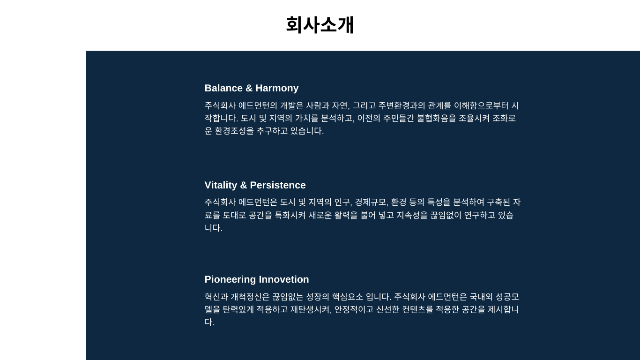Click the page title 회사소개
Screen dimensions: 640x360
click(320, 25)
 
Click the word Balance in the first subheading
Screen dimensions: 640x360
click(223, 88)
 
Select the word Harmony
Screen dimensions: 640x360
click(277, 88)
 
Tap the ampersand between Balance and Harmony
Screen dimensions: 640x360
click(249, 88)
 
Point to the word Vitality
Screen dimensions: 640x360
click(221, 185)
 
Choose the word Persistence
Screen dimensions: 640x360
click(278, 185)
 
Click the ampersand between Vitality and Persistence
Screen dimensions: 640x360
click(244, 185)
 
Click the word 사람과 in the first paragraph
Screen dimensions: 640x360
click(318, 105)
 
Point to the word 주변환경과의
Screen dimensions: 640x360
click(402, 105)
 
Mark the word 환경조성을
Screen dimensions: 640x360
click(234, 131)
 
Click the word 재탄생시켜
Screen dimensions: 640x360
click(310, 309)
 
